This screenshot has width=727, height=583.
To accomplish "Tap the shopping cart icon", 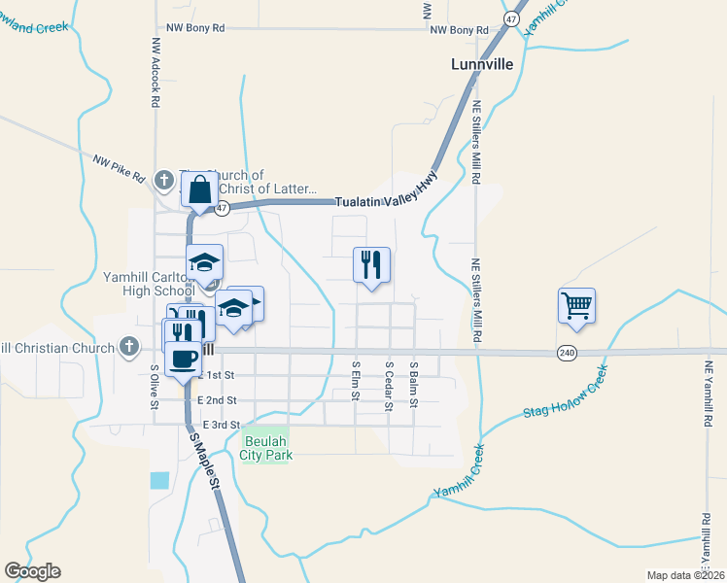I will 576,306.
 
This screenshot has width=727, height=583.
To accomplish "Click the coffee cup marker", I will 184,360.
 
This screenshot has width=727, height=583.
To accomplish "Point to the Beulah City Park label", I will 265,448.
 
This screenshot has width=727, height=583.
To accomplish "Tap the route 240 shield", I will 568,353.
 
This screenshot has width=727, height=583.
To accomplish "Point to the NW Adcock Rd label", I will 155,73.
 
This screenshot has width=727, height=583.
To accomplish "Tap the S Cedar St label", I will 389,386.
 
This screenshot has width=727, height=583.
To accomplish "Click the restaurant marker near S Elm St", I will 370,265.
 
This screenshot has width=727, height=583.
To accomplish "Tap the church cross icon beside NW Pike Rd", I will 164,180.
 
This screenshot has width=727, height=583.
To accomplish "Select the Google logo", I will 32,571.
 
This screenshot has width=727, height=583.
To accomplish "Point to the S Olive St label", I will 155,387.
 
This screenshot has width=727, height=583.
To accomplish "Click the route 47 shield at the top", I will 511,18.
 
